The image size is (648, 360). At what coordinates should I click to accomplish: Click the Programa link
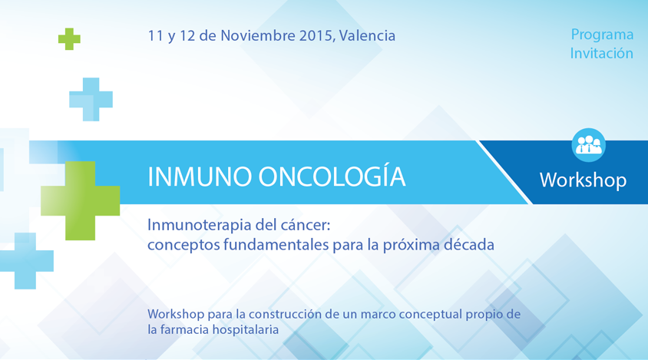pyautogui.click(x=602, y=35)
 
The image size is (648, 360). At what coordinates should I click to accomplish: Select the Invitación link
pyautogui.click(x=602, y=53)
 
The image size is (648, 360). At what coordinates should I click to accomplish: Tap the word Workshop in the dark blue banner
pyautogui.click(x=583, y=180)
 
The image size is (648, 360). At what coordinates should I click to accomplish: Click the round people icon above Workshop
pyautogui.click(x=588, y=145)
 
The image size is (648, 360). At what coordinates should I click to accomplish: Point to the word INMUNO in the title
pyautogui.click(x=200, y=177)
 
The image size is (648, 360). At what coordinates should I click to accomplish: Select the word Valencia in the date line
pyautogui.click(x=367, y=35)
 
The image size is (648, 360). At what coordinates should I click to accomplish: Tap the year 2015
pyautogui.click(x=316, y=36)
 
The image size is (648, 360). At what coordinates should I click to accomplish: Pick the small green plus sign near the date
pyautogui.click(x=69, y=39)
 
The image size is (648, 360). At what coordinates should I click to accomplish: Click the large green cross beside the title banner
pyautogui.click(x=81, y=200)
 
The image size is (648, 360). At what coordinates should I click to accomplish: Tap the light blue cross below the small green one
pyautogui.click(x=91, y=99)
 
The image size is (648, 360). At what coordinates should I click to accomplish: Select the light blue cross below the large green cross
pyautogui.click(x=25, y=261)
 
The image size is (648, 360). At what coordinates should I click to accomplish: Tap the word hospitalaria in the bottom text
pyautogui.click(x=246, y=329)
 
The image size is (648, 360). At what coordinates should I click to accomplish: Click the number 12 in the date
pyautogui.click(x=187, y=35)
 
